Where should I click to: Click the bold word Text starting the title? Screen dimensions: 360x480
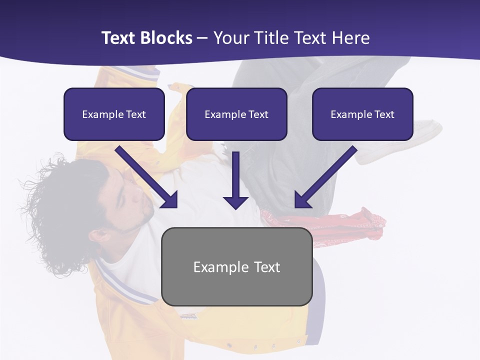point(120,38)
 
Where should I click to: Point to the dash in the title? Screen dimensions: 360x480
point(202,38)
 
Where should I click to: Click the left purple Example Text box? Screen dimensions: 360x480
point(114,114)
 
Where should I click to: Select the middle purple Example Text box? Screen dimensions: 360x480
point(236,114)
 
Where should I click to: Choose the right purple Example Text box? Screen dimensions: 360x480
point(362,114)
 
